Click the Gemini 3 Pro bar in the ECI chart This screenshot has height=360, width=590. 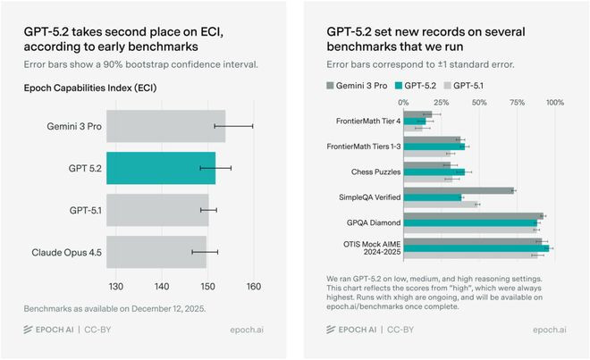click(166, 126)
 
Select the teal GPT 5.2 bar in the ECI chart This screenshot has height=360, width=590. click(161, 167)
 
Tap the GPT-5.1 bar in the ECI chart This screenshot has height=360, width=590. click(157, 210)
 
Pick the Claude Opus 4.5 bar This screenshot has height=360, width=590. click(156, 252)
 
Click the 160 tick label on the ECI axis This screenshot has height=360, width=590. click(253, 287)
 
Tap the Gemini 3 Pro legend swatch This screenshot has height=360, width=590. click(331, 87)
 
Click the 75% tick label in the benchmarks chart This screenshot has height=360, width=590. click(517, 103)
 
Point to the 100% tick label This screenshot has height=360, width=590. click(554, 103)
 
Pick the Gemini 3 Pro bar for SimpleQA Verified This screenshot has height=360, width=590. click(459, 189)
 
